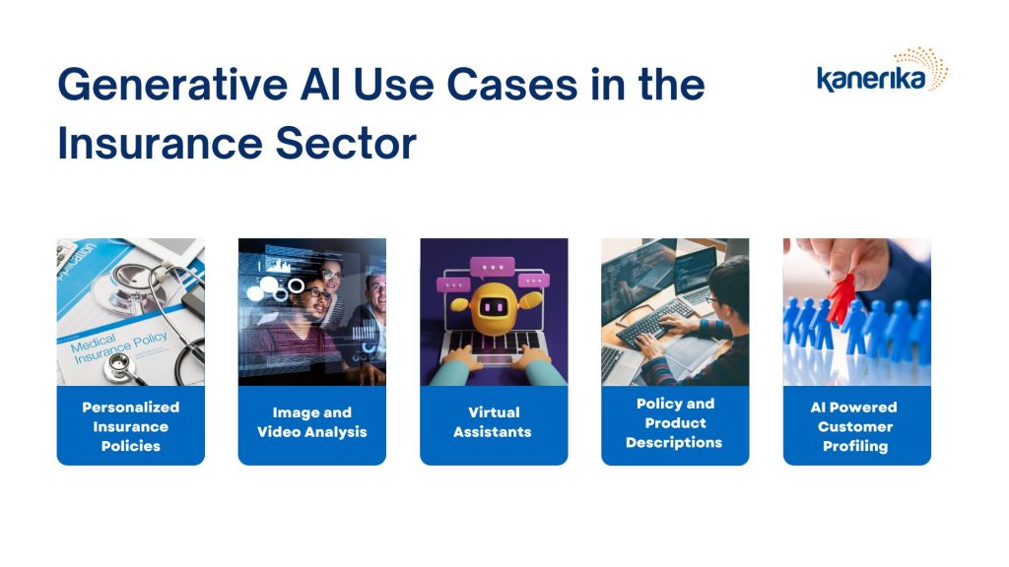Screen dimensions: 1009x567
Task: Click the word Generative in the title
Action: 172,85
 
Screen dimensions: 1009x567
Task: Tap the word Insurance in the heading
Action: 160,144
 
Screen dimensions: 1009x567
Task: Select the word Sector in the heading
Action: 346,144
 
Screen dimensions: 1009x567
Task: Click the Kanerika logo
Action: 882,70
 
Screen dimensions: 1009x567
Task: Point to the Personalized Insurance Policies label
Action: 131,426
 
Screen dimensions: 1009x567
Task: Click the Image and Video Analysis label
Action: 312,422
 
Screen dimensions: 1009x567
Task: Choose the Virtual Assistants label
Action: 493,422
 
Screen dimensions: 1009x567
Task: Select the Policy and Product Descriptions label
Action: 674,423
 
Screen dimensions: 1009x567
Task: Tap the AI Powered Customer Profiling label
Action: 855,426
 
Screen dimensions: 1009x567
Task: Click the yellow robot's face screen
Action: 494,307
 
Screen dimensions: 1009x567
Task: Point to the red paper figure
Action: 841,299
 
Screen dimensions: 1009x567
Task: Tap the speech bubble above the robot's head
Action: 493,267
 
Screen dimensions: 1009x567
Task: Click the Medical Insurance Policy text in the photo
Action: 119,347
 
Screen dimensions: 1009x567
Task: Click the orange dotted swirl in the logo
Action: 931,67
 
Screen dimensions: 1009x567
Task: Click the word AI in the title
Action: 320,85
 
